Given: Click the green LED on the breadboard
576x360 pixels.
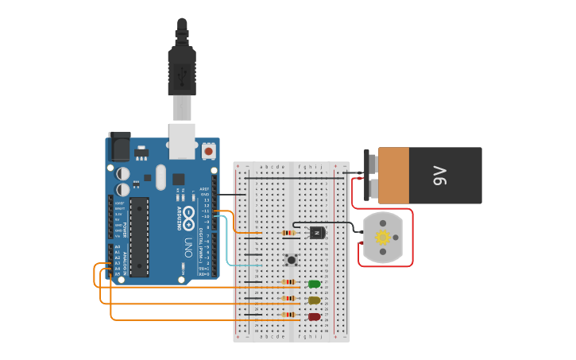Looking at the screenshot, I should (315, 284).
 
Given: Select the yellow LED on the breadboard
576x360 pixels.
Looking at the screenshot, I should (314, 300).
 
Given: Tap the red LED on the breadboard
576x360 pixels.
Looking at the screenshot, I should (314, 316).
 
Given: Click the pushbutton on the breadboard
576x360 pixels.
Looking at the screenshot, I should (292, 259).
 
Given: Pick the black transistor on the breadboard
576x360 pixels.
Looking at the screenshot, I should (317, 232).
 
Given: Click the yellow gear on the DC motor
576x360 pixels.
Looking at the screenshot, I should (383, 237).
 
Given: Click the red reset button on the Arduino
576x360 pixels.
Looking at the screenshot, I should (208, 150).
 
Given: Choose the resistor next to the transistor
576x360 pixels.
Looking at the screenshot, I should (289, 233).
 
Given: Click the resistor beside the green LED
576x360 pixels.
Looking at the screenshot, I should (289, 282).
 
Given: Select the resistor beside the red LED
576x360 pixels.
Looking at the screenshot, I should (289, 315).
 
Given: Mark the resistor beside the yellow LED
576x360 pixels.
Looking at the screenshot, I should (289, 299).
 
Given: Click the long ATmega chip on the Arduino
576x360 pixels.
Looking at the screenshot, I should (140, 237).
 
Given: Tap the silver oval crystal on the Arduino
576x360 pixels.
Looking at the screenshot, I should (161, 176).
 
